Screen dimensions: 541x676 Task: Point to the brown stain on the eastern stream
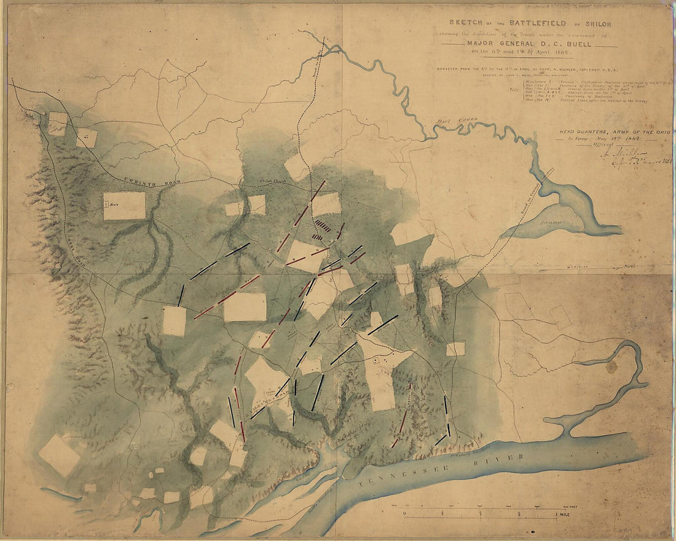[x=612, y=368]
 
